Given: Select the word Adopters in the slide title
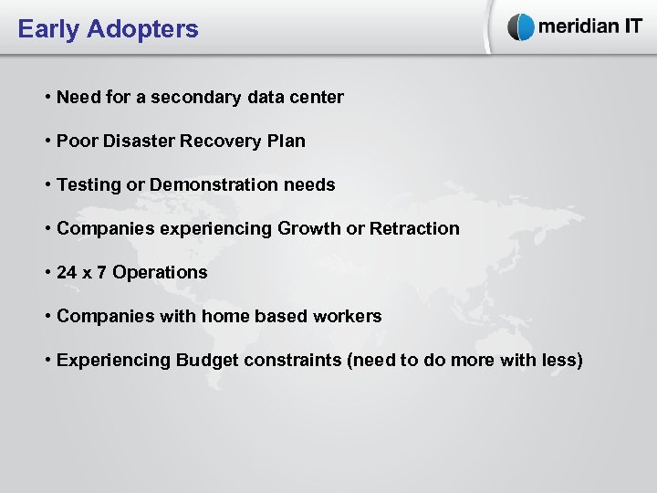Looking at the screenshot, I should click(x=142, y=29).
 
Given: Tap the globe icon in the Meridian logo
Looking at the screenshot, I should click(x=521, y=27).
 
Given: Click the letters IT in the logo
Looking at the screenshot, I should click(x=627, y=26).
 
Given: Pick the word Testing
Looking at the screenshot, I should click(x=89, y=184).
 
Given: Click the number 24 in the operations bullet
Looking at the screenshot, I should click(x=67, y=272).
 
